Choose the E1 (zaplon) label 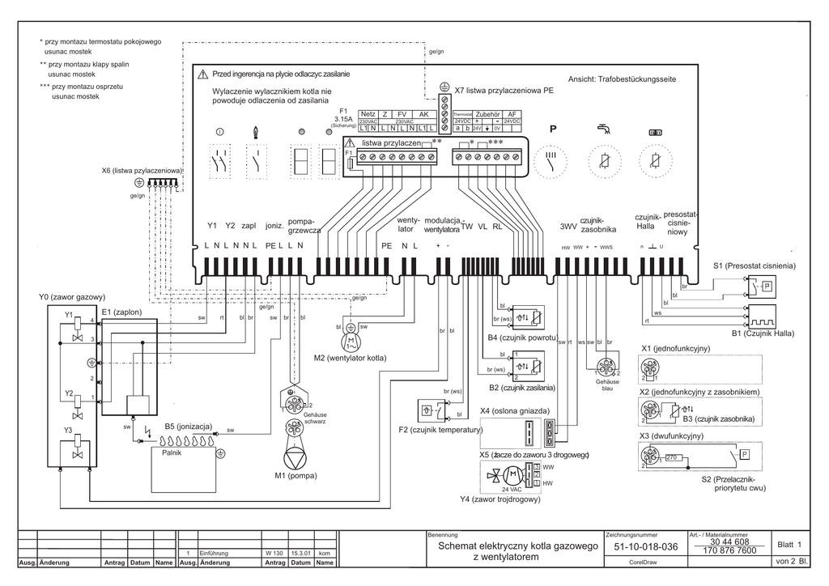pos(122,311)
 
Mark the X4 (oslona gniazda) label pos(515,410)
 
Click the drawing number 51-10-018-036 pos(645,547)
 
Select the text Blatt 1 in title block pos(789,545)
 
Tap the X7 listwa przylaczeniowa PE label pos(504,91)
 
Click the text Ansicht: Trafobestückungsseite pos(623,80)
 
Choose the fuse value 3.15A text pos(344,118)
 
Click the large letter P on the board pos(553,129)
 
